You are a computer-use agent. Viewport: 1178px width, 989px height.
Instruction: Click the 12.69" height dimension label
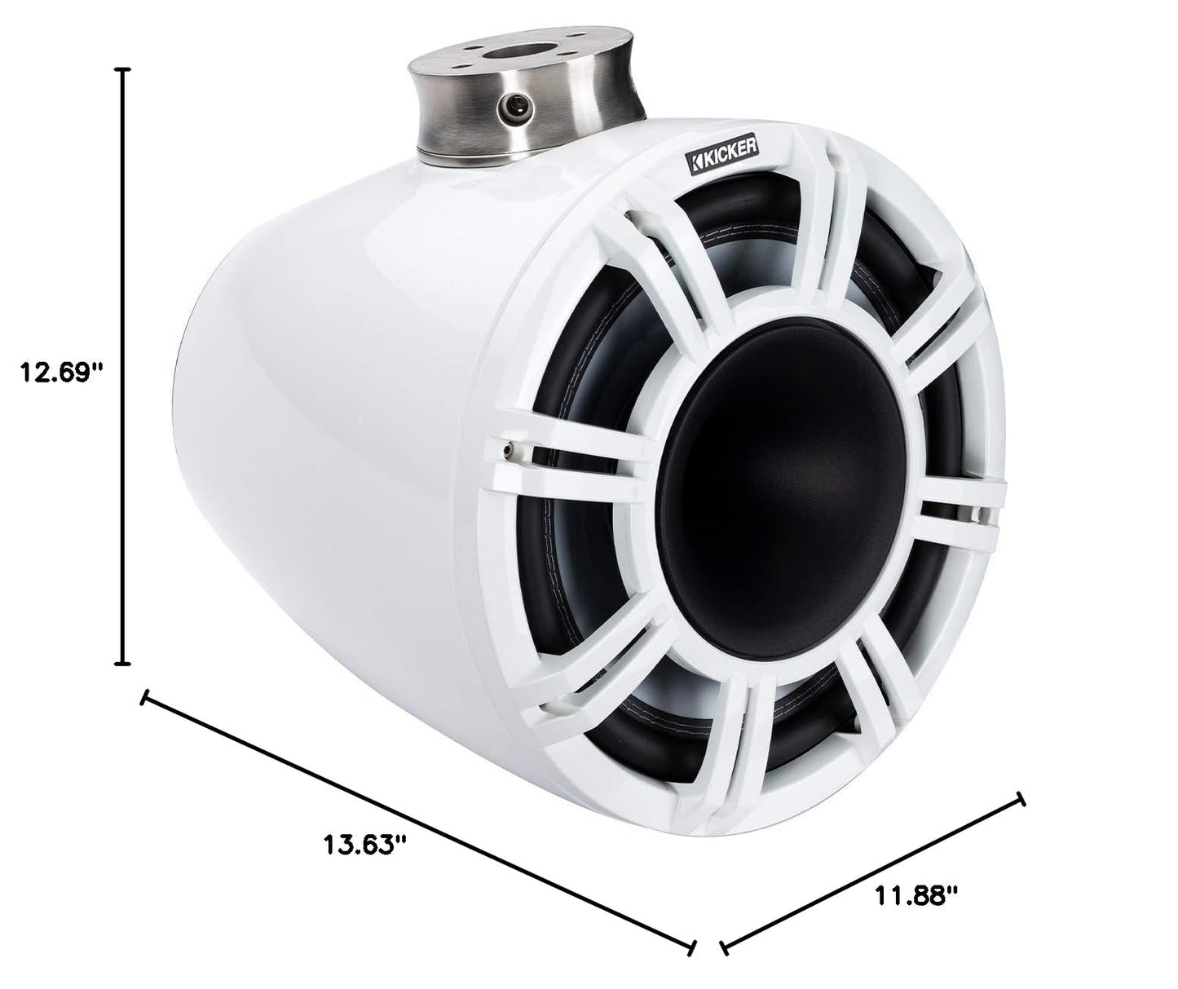click(x=62, y=373)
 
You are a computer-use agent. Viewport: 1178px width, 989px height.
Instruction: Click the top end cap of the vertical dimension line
click(x=123, y=69)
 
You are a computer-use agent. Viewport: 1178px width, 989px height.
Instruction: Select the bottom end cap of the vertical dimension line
click(x=123, y=664)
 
